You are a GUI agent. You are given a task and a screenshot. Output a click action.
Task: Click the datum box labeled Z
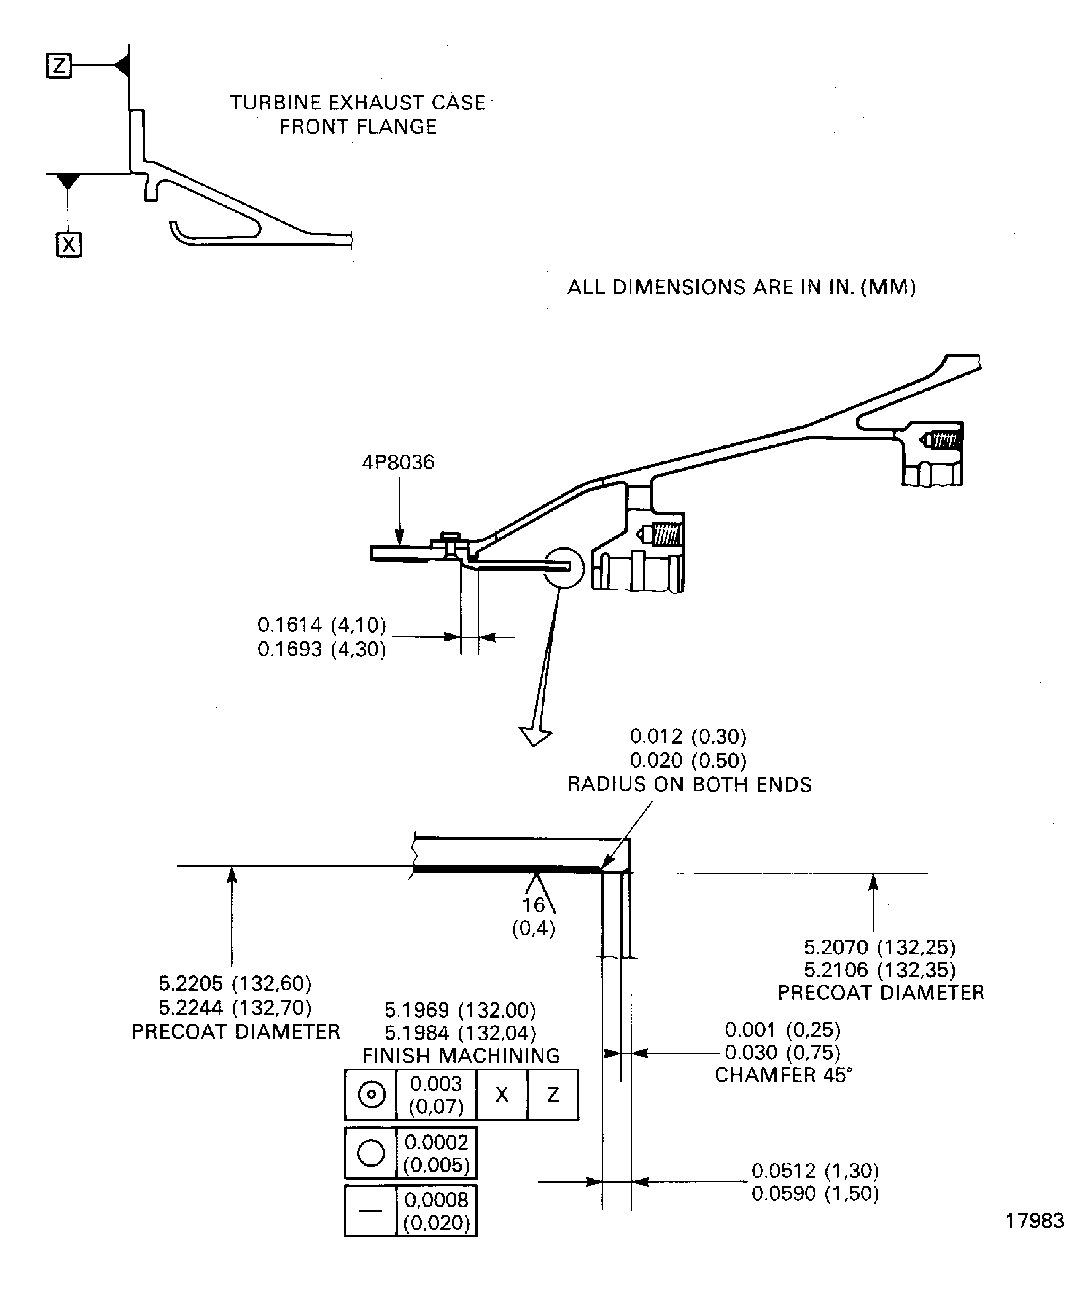(x=59, y=66)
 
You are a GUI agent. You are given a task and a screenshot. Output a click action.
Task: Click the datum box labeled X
(x=68, y=245)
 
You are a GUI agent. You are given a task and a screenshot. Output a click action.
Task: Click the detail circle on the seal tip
(x=563, y=567)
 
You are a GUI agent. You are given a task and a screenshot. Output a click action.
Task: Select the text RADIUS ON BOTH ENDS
(x=689, y=785)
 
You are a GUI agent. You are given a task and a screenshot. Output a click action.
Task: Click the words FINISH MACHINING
(x=461, y=1055)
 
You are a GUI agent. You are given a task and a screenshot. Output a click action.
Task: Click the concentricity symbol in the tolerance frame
(x=371, y=1094)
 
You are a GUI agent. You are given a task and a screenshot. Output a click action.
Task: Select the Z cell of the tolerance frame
(x=553, y=1095)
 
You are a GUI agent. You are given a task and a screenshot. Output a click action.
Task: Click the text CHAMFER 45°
(x=783, y=1075)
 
